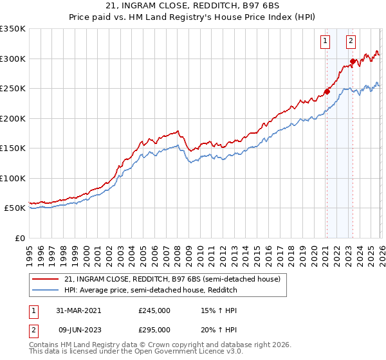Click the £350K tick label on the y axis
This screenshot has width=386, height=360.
(13, 29)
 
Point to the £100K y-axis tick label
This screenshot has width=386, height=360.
(13, 178)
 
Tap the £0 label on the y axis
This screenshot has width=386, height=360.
(20, 238)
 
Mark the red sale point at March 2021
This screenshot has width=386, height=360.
(327, 91)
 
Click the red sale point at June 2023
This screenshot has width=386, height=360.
(352, 62)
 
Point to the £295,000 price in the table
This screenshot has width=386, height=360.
(154, 330)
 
